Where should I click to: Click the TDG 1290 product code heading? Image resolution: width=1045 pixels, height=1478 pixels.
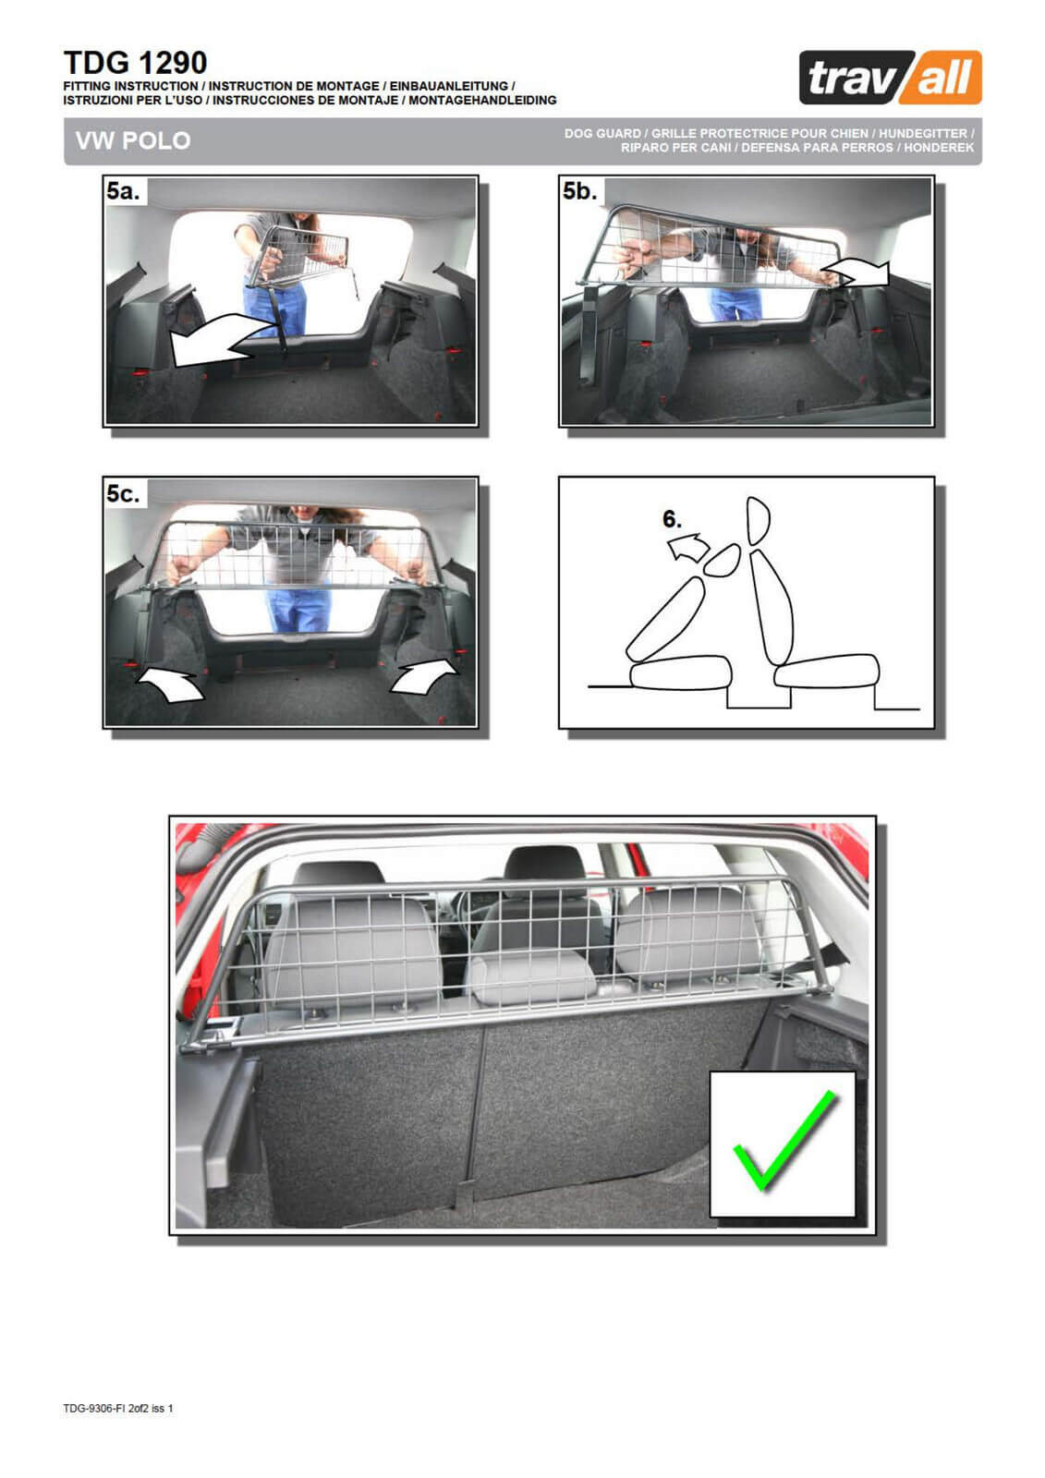coord(135,63)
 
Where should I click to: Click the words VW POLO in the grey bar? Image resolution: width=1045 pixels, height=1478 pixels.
coord(133,140)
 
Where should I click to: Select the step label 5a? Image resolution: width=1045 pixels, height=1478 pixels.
coord(124,191)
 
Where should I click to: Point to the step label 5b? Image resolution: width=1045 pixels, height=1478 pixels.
coord(579,191)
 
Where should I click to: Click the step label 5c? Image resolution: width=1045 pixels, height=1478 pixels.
coord(124,493)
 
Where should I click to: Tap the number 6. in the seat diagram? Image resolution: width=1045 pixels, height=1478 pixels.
coord(672,519)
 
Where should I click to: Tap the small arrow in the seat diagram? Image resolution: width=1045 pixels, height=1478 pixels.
coord(688,549)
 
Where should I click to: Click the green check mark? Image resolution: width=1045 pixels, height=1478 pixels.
coord(785,1140)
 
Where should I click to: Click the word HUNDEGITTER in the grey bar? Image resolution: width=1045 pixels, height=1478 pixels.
coord(922,133)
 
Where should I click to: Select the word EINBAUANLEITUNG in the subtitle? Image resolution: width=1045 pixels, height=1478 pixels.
coord(449,86)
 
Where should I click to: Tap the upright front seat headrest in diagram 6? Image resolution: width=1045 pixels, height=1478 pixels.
coord(758,521)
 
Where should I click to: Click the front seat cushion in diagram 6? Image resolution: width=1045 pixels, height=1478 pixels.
coord(827,671)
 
